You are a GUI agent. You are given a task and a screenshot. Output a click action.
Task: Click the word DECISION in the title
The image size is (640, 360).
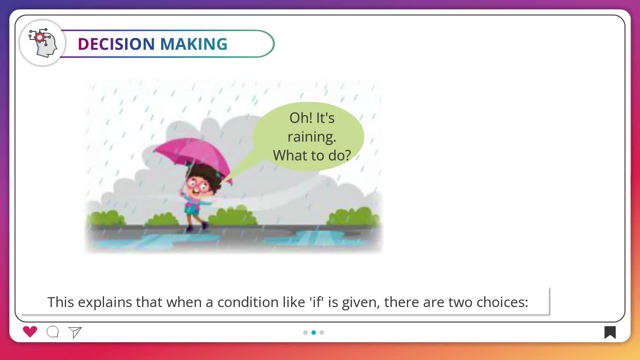(x=116, y=44)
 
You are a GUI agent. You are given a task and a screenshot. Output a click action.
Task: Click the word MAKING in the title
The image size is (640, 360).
(x=193, y=44)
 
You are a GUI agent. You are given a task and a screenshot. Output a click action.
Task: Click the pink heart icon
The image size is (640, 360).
(x=30, y=332)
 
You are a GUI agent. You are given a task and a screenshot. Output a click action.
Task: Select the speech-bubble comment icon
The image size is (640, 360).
(x=53, y=332)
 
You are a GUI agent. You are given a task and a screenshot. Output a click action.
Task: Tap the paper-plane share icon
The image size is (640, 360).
(x=75, y=332)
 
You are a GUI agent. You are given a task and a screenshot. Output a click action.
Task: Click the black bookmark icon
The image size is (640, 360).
(x=610, y=332)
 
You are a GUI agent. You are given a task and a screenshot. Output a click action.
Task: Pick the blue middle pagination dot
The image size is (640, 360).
(x=314, y=332)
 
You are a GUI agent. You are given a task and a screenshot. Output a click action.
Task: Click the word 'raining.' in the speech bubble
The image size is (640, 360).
(x=312, y=137)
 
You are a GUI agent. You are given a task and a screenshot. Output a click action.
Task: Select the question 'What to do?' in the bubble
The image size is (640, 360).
(x=312, y=156)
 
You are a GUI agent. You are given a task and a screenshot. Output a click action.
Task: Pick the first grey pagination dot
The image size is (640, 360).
(x=305, y=332)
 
